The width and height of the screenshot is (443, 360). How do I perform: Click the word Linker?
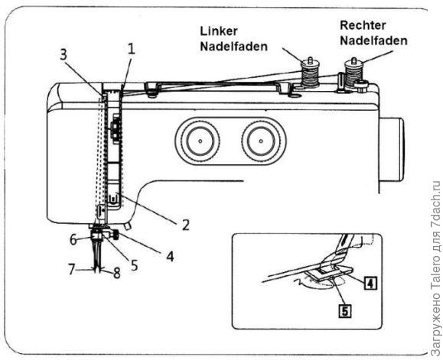coord(219,31)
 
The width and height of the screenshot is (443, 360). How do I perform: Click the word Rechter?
coord(363,25)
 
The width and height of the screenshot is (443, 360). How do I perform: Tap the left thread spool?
coord(310,72)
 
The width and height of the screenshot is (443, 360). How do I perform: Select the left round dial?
coord(200,141)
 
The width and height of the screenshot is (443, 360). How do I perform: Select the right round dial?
coord(261,141)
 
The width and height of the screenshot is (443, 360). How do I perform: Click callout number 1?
coord(131,50)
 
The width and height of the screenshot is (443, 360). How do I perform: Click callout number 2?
coord(185,225)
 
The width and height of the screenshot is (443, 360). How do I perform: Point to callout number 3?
coord(64,54)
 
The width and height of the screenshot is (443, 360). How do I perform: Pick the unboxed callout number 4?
coord(170,256)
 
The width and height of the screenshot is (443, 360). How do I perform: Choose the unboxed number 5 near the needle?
coord(134,265)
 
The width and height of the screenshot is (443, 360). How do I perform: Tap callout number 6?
coord(73,240)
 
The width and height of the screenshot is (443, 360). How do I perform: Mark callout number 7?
coord(72,269)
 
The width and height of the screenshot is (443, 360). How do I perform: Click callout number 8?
coord(116,273)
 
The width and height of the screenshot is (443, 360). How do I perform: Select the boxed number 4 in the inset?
coord(370,283)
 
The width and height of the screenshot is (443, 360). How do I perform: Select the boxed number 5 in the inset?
coord(344,311)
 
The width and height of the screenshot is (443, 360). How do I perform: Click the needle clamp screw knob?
coord(116,235)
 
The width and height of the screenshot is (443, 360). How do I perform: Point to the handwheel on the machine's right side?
coord(392,150)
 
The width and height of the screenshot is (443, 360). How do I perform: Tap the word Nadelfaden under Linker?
coord(233,47)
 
